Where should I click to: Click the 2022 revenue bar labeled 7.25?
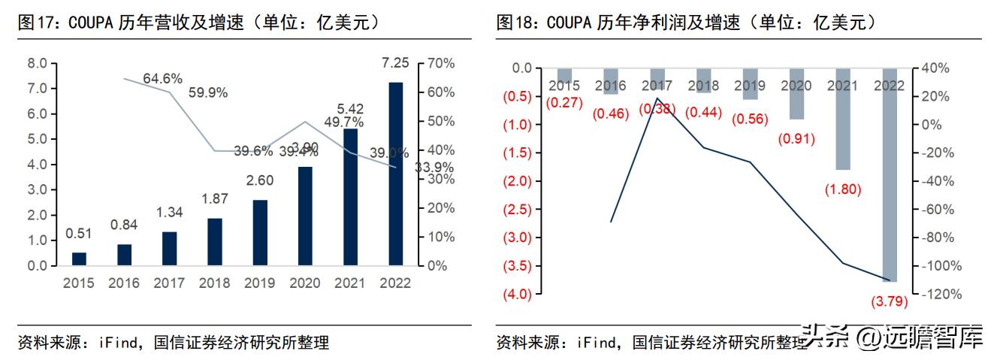(x=395, y=174)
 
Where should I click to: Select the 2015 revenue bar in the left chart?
(x=79, y=259)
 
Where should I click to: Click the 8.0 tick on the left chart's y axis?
(x=37, y=63)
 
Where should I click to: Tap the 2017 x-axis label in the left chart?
(x=169, y=283)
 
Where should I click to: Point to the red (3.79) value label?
(x=889, y=301)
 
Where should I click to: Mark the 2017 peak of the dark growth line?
(x=657, y=98)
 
